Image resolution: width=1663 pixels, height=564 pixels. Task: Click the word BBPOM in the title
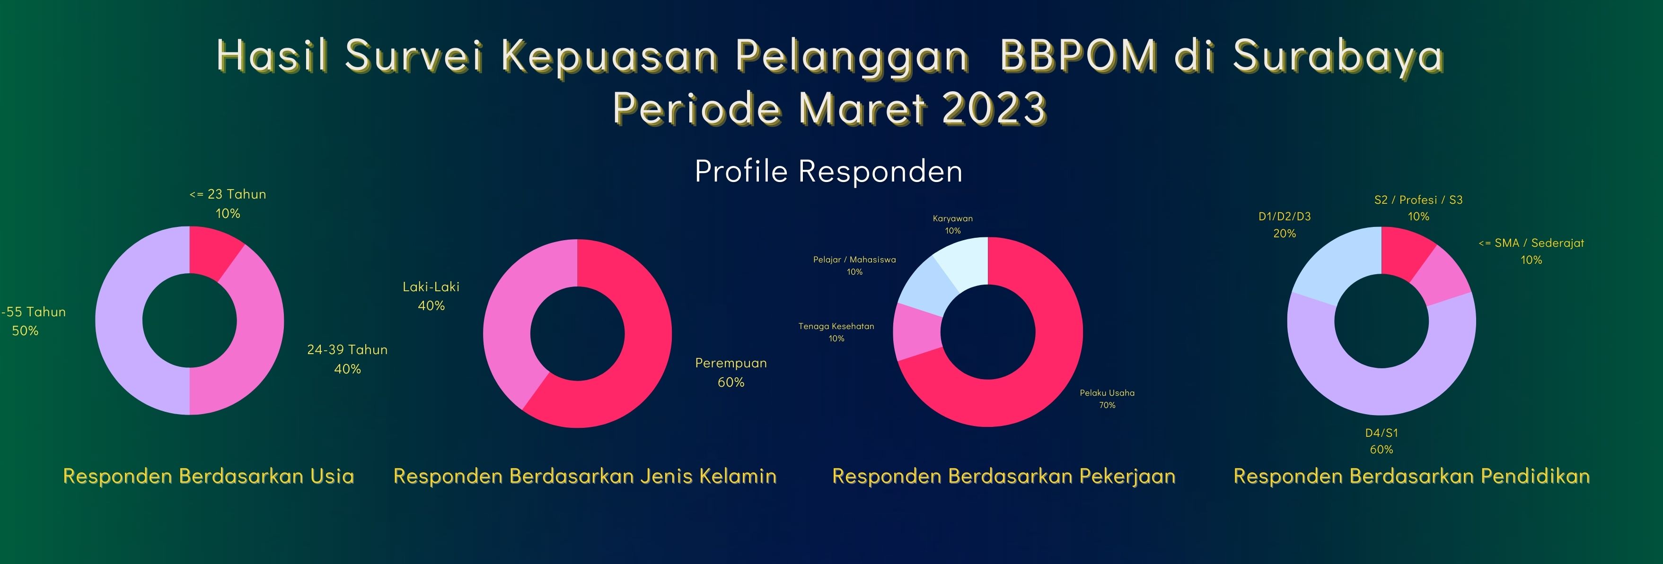click(1079, 55)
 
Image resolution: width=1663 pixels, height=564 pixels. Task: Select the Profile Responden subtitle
click(828, 171)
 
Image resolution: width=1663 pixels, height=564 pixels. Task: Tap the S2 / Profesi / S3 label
click(1418, 200)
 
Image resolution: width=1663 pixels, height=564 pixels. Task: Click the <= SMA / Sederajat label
click(1531, 243)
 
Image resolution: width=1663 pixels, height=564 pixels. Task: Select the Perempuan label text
click(731, 363)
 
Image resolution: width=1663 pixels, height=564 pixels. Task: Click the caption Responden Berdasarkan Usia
click(209, 476)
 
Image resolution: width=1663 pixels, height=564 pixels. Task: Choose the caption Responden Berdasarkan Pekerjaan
click(1004, 476)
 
